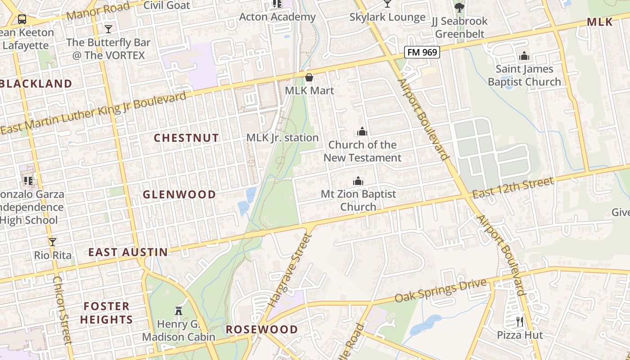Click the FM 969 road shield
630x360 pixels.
click(x=422, y=52)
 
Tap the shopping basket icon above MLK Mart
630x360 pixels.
click(x=309, y=77)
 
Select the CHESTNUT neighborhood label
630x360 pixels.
click(x=186, y=138)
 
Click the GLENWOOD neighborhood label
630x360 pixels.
click(x=179, y=194)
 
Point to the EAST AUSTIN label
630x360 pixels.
click(x=128, y=252)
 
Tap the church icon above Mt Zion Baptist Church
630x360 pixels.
click(x=358, y=181)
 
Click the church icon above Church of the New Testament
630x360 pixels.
click(x=362, y=131)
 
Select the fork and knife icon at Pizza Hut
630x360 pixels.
click(x=520, y=322)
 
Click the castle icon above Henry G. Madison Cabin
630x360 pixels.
click(x=179, y=310)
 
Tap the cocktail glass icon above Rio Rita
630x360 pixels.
click(x=53, y=242)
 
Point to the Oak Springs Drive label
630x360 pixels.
click(x=441, y=291)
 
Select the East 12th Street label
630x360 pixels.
click(x=513, y=188)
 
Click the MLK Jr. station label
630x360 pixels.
click(x=283, y=138)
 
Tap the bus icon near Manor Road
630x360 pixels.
click(x=22, y=19)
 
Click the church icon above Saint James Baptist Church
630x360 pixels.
click(x=524, y=56)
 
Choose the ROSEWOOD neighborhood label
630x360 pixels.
click(x=261, y=329)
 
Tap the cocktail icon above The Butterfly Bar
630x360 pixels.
click(x=108, y=29)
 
